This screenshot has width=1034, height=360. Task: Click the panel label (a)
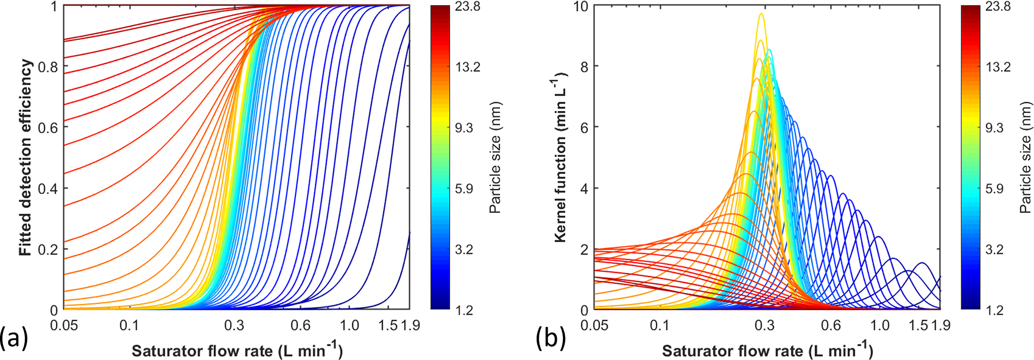pos(14,338)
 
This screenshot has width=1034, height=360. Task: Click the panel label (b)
pos(551,338)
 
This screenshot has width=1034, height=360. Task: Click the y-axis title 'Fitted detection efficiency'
pos(26,158)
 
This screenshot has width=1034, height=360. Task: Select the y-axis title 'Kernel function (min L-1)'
pos(561,158)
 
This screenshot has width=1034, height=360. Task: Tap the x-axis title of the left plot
pos(237,350)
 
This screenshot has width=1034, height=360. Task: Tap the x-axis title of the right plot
pos(767,350)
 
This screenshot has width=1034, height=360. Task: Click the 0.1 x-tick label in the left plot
pos(129,325)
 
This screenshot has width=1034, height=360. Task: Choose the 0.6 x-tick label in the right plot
pos(831,325)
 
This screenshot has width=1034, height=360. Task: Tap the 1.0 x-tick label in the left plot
pos(349,325)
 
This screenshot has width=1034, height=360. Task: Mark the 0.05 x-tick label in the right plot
pos(595,325)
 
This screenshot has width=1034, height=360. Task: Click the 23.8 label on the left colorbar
pos(468,6)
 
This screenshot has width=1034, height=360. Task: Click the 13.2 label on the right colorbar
pos(998,67)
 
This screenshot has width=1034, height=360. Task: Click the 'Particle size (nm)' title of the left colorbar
pos(495,158)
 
